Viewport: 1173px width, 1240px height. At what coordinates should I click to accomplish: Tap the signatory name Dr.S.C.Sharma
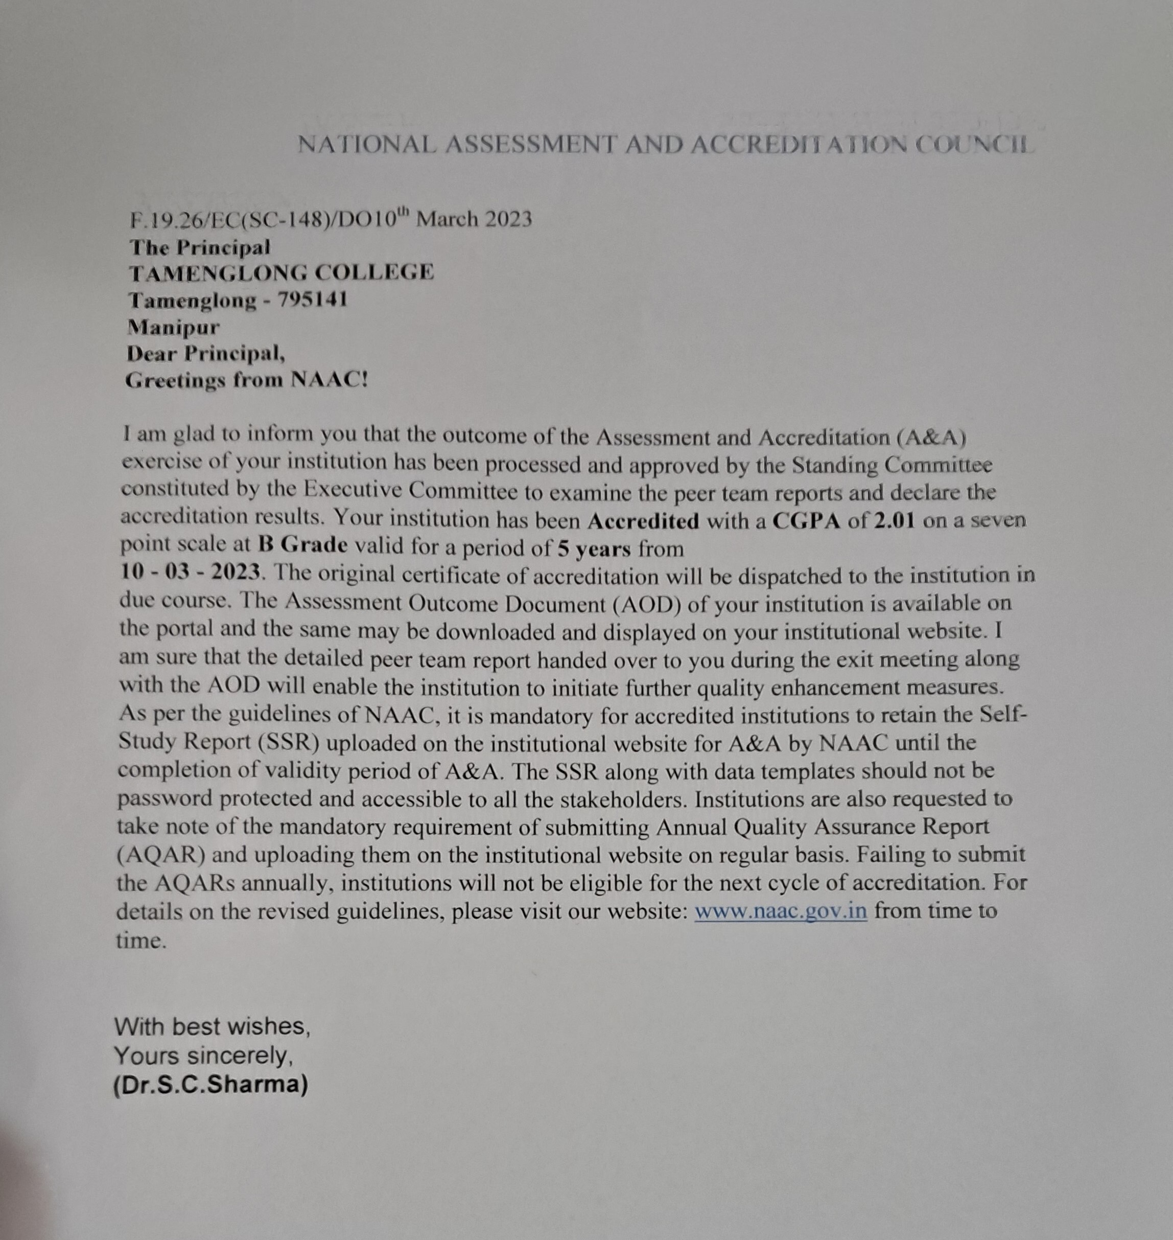click(210, 1084)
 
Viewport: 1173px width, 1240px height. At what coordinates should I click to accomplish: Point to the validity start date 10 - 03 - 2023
click(190, 572)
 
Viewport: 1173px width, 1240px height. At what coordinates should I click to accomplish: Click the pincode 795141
click(312, 301)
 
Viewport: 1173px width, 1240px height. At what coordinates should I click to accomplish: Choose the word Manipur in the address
click(173, 327)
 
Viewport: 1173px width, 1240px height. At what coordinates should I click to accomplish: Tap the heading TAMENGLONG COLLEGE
click(281, 273)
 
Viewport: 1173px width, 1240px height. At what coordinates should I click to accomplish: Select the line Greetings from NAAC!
click(246, 380)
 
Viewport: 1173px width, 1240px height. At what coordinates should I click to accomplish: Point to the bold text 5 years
click(594, 548)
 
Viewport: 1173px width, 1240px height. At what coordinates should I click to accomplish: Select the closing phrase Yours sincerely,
click(204, 1056)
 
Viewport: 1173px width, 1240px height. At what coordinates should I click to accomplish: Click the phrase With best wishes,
click(212, 1027)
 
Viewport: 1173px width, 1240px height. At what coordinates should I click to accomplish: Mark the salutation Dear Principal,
click(206, 354)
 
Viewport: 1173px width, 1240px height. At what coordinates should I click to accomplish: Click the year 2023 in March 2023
click(507, 219)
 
